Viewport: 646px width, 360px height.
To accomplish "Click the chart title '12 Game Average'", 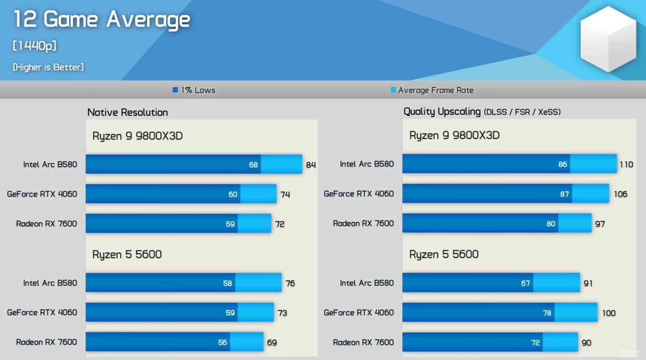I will coord(102,20).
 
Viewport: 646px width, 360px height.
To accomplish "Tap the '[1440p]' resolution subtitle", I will coord(34,46).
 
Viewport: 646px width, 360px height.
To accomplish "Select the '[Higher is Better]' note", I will coord(48,67).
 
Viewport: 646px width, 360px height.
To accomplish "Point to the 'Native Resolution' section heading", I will coord(128,112).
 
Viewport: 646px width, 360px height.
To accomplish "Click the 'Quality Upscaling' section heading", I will coord(442,112).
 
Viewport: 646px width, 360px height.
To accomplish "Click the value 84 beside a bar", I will coord(311,165).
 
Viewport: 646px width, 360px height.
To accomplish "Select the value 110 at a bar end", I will coord(626,164).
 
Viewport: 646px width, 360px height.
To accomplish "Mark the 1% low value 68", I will coord(254,165).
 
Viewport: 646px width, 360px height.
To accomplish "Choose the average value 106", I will coord(620,194).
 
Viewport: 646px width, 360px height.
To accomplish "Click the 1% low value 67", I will coord(525,284).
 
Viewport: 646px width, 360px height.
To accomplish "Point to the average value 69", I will coord(272,342).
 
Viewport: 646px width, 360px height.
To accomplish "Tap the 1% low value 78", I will coord(547,313).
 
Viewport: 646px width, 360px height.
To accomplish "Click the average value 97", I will coord(600,224).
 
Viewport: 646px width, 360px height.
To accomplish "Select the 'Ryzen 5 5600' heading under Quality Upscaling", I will coord(444,254).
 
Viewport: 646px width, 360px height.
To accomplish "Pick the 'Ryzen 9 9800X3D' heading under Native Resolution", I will coord(137,136).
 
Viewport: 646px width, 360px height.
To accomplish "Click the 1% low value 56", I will coord(222,342).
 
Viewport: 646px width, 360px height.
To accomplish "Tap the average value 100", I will coord(609,313).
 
